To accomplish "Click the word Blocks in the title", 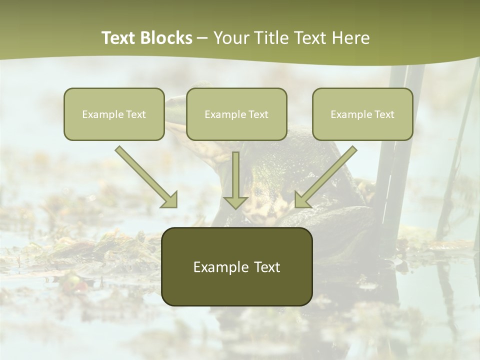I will tap(167, 38).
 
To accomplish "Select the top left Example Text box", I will tap(114, 114).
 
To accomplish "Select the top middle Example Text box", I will tap(236, 114).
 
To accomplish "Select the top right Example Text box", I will tap(362, 114).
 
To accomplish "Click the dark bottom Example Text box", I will tap(236, 266).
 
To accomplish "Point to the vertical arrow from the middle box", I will tap(235, 177).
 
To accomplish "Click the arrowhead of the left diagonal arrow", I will tap(170, 200).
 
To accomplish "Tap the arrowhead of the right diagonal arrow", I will tap(301, 200).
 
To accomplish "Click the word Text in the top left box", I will tap(135, 114).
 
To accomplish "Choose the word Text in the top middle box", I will tap(258, 114).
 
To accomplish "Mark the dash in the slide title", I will tap(202, 38).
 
